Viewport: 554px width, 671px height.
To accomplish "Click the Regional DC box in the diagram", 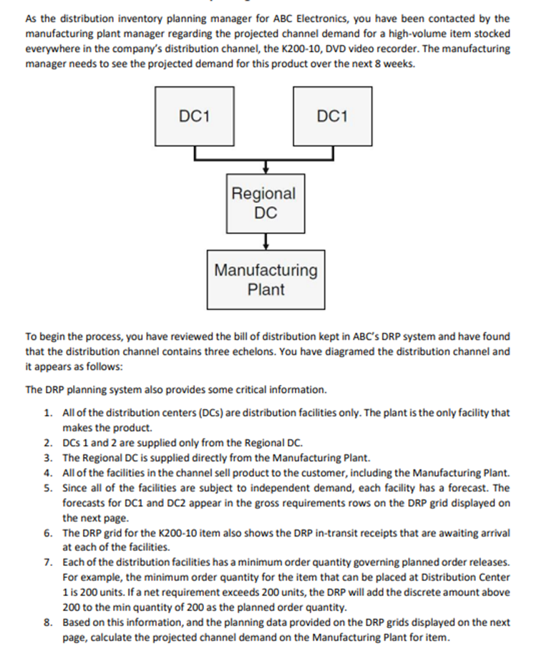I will pyautogui.click(x=263, y=202).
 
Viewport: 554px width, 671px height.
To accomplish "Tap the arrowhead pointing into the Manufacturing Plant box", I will pyautogui.click(x=266, y=245).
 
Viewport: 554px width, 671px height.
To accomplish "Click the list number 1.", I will pyautogui.click(x=47, y=413).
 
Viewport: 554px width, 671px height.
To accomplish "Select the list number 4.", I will pyautogui.click(x=47, y=473).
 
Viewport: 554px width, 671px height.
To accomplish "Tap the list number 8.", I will pyautogui.click(x=47, y=622).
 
